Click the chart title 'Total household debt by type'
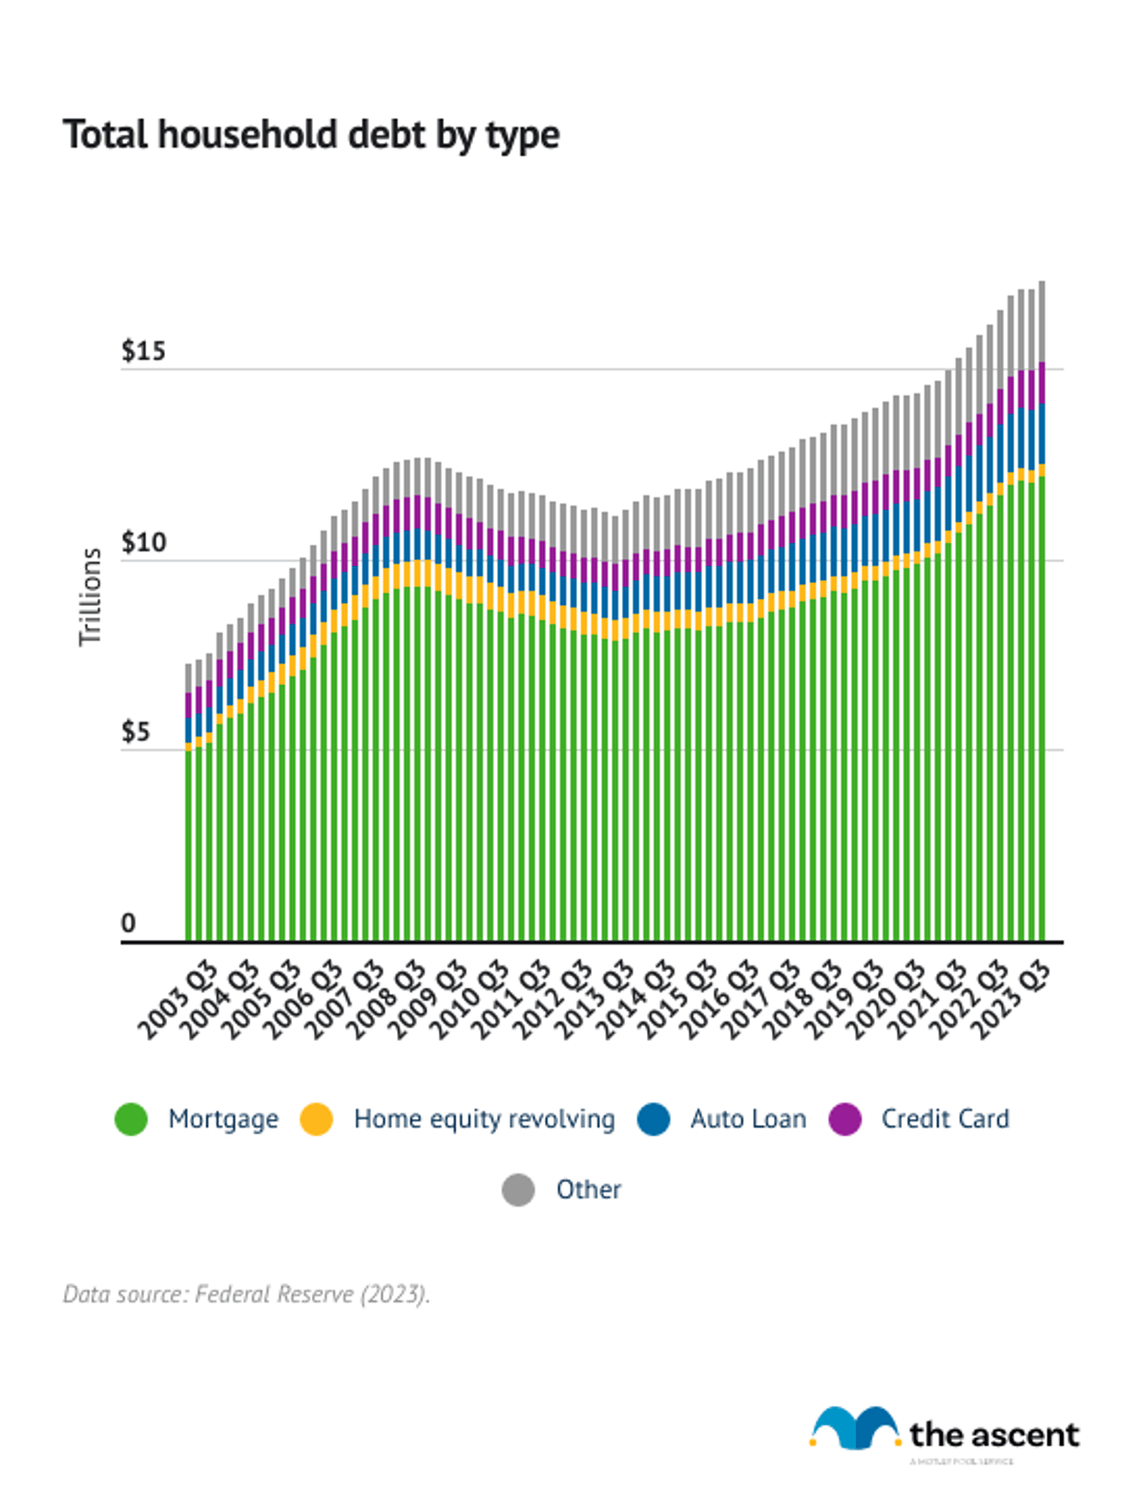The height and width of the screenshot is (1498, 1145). coord(311,135)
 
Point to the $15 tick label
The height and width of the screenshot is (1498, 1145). coord(143,351)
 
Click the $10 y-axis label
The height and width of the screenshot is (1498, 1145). coord(143,543)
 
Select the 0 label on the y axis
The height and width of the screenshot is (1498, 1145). coord(129,923)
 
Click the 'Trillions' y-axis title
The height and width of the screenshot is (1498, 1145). coord(91,596)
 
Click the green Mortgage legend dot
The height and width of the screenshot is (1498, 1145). coord(131,1119)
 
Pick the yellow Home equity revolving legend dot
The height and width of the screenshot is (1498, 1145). coord(316,1119)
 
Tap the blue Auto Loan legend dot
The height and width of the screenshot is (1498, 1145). coord(654,1119)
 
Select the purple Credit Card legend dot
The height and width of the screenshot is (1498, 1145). coord(844,1119)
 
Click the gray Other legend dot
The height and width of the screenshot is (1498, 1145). coord(518,1190)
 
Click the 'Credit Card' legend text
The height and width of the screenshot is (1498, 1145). coord(945,1119)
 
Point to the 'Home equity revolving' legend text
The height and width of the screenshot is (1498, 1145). coord(484,1119)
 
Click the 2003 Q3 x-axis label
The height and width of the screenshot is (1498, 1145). coord(178,1000)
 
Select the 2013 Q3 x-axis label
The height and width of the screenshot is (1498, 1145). coord(595,1000)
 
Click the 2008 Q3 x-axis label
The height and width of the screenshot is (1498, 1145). coord(386,1000)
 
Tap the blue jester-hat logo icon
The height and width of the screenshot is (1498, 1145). coord(854,1428)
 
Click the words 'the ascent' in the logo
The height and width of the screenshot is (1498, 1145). coord(993,1434)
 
